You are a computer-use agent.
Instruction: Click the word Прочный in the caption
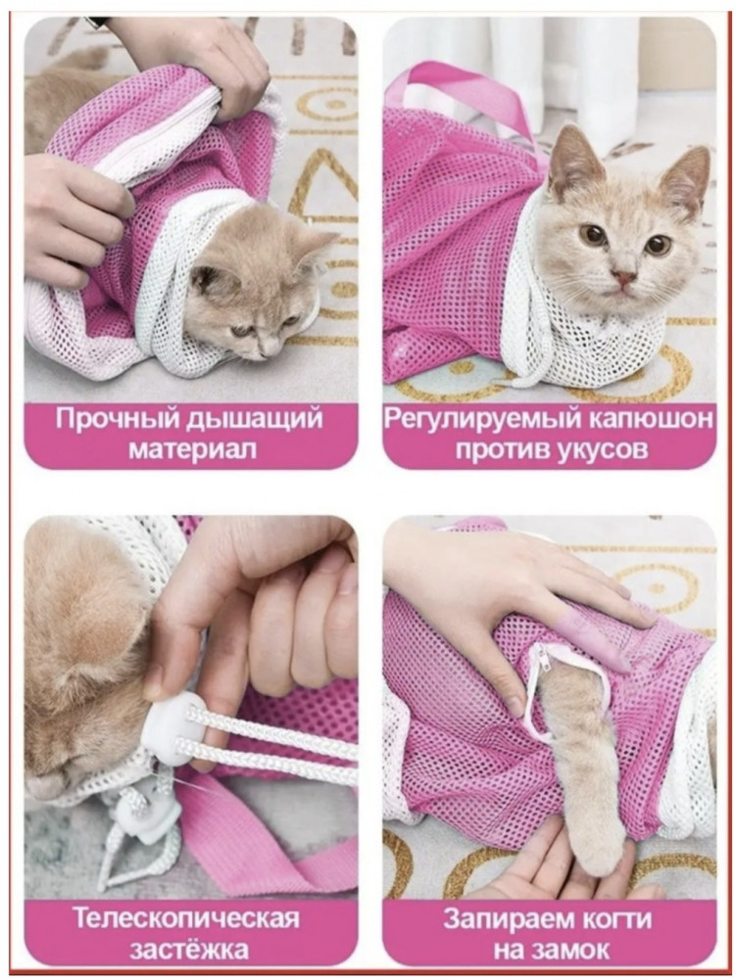coord(116,419)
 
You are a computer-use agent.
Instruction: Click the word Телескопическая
coord(185,918)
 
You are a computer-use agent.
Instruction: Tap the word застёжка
coord(189,949)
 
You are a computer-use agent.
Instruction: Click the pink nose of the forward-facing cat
coord(623,277)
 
